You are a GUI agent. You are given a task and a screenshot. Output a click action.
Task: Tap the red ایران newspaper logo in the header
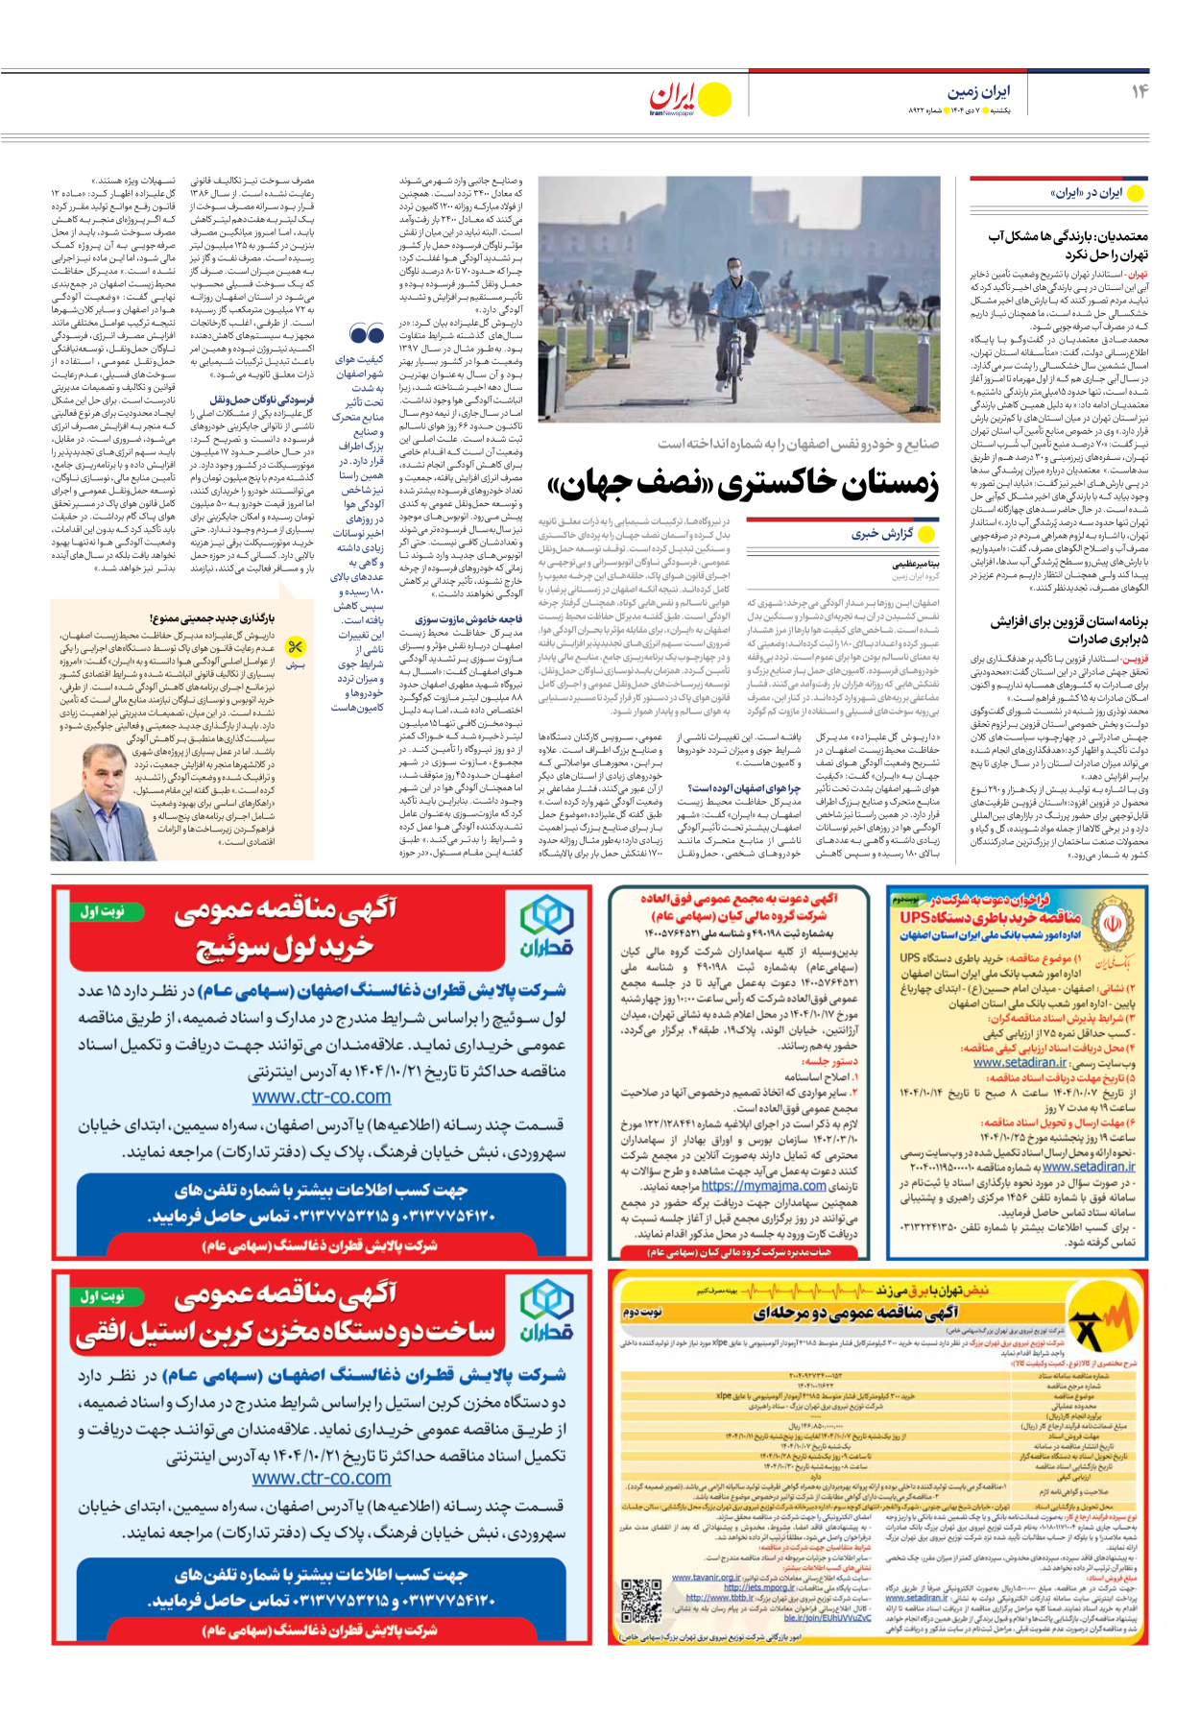coord(672,97)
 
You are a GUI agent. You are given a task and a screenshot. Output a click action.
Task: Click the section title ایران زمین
coord(978,92)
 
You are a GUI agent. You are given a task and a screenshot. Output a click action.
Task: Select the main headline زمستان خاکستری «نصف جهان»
coord(742,486)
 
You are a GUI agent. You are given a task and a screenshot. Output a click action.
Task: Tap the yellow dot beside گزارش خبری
coord(926,535)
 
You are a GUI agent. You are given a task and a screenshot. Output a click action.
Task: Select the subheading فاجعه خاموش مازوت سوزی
coord(468,619)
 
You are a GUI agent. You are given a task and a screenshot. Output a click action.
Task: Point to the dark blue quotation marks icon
coord(367,334)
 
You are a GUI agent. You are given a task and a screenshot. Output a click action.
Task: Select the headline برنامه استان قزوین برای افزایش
coord(1068,622)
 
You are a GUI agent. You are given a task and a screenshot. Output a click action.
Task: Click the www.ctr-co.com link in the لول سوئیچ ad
coord(322,1096)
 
